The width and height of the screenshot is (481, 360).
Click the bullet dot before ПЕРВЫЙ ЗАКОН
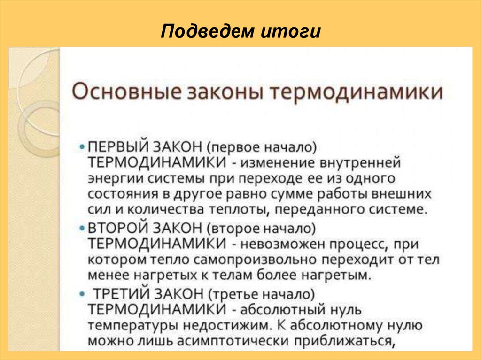(x=83, y=147)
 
